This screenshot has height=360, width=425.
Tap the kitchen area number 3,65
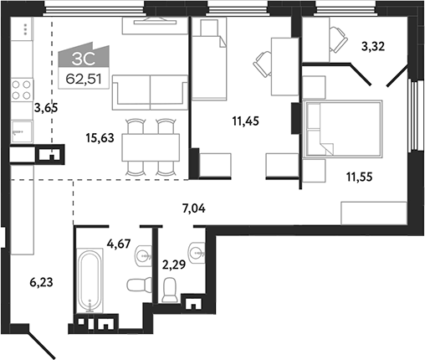point(44,108)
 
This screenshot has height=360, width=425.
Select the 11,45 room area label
point(247,120)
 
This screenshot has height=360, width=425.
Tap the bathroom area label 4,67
point(120,246)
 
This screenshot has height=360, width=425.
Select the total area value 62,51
point(82,80)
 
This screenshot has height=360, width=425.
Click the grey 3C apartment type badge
point(82,58)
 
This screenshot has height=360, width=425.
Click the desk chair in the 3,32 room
point(340,36)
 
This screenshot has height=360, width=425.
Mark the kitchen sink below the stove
point(20,132)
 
